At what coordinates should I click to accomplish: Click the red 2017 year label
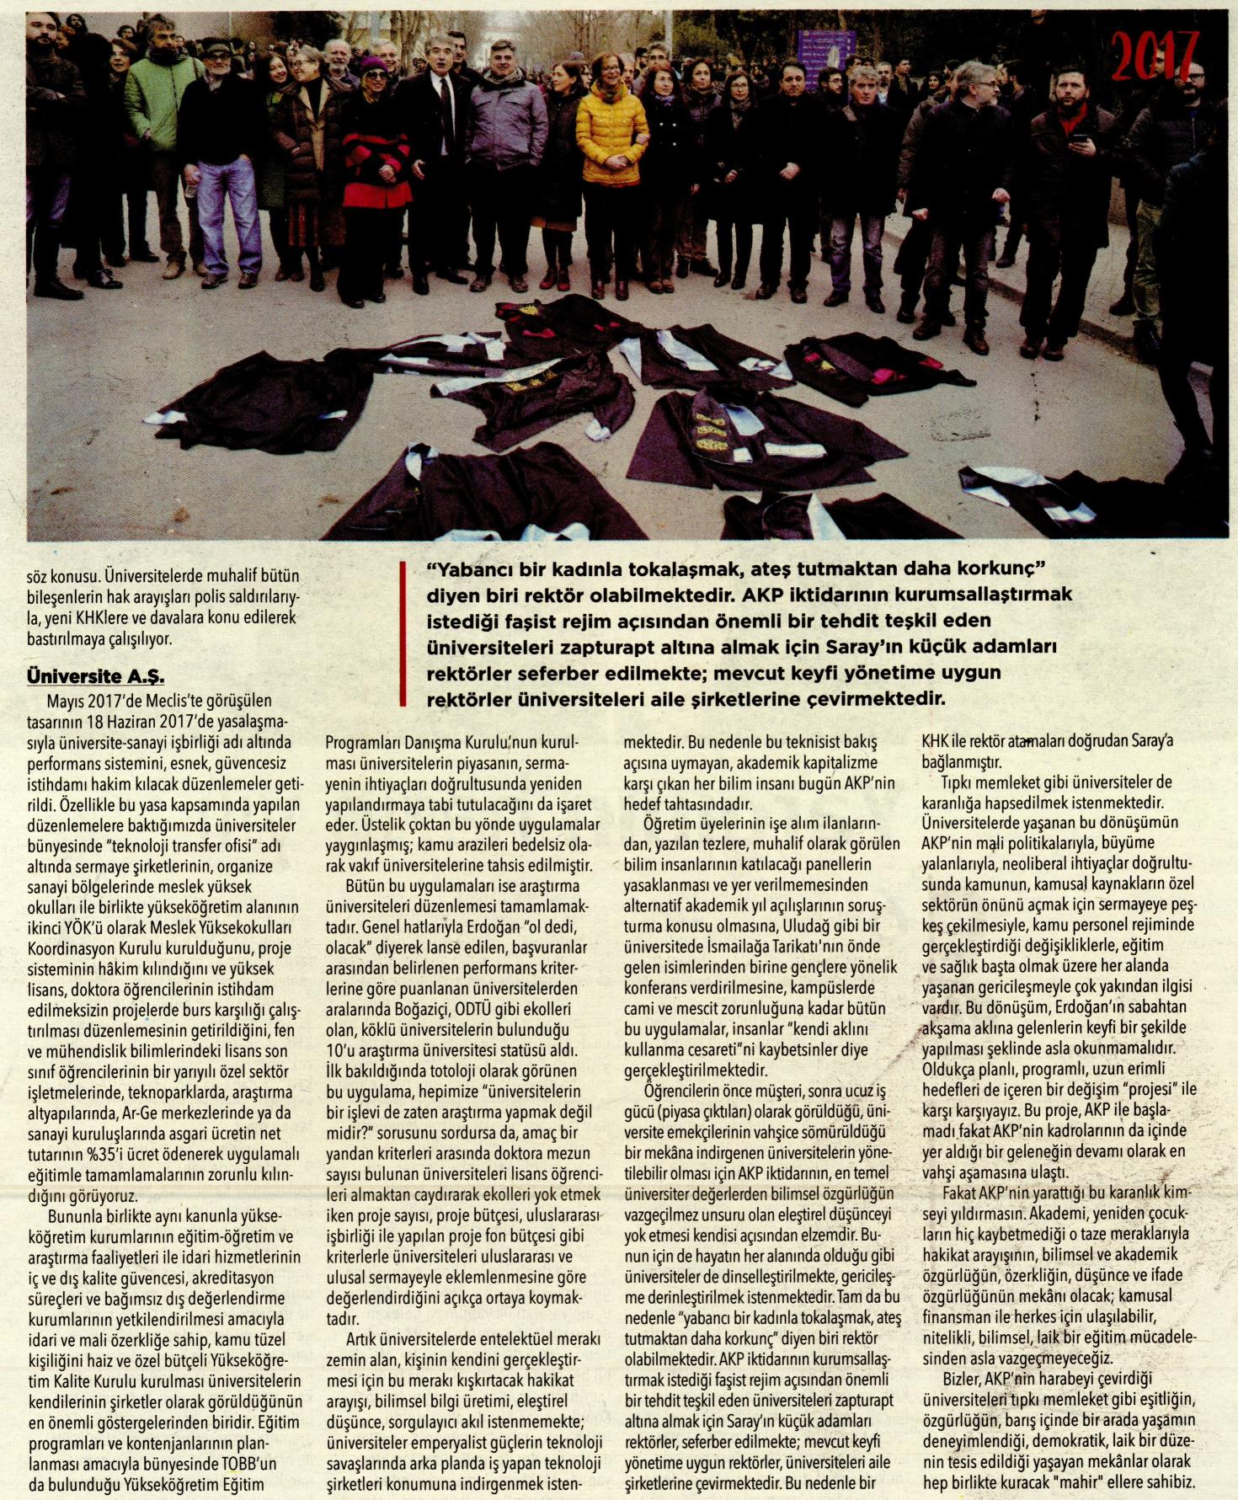(1155, 56)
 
